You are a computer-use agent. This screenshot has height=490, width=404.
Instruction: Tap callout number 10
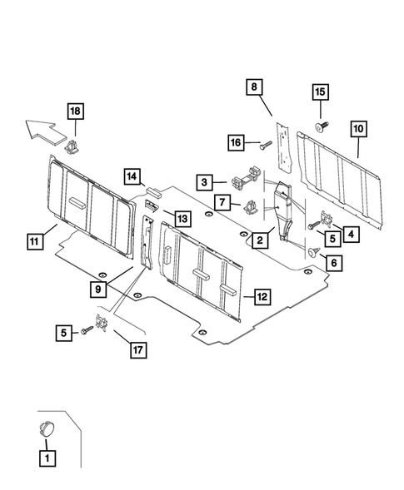click(358, 129)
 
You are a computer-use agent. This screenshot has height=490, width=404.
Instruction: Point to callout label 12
click(261, 295)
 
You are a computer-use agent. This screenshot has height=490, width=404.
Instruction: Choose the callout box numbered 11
click(33, 242)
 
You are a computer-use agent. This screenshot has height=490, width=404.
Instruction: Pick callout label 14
click(132, 176)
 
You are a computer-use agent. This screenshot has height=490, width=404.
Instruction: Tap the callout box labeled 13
click(182, 217)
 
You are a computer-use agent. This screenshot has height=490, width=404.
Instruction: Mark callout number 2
click(260, 240)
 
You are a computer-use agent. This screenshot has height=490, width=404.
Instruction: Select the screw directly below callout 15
click(321, 126)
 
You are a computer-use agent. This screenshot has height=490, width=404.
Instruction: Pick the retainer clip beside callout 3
click(245, 181)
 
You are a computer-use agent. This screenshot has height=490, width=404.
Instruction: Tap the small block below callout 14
click(152, 192)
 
